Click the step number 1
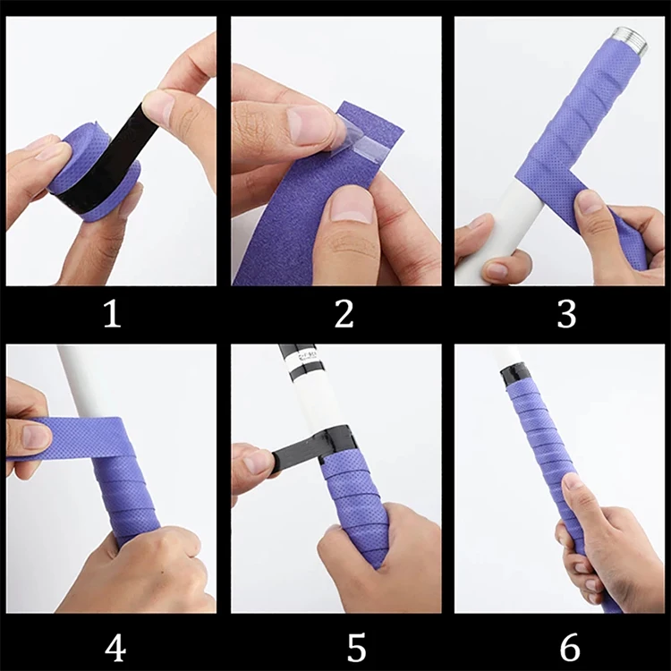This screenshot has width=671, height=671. coord(113,314)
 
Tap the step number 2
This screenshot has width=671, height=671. coord(344,314)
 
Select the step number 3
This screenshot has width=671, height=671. coord(567,314)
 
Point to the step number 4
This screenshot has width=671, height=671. coord(115,648)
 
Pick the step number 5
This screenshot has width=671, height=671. coord(356,648)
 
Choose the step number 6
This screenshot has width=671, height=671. coord(570,648)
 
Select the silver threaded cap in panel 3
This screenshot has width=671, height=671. coord(630,39)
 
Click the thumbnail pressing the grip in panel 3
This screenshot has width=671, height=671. coord(590,202)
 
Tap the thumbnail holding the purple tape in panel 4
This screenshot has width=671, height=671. coord(36,436)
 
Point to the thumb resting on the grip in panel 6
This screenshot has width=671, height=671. coord(579,502)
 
